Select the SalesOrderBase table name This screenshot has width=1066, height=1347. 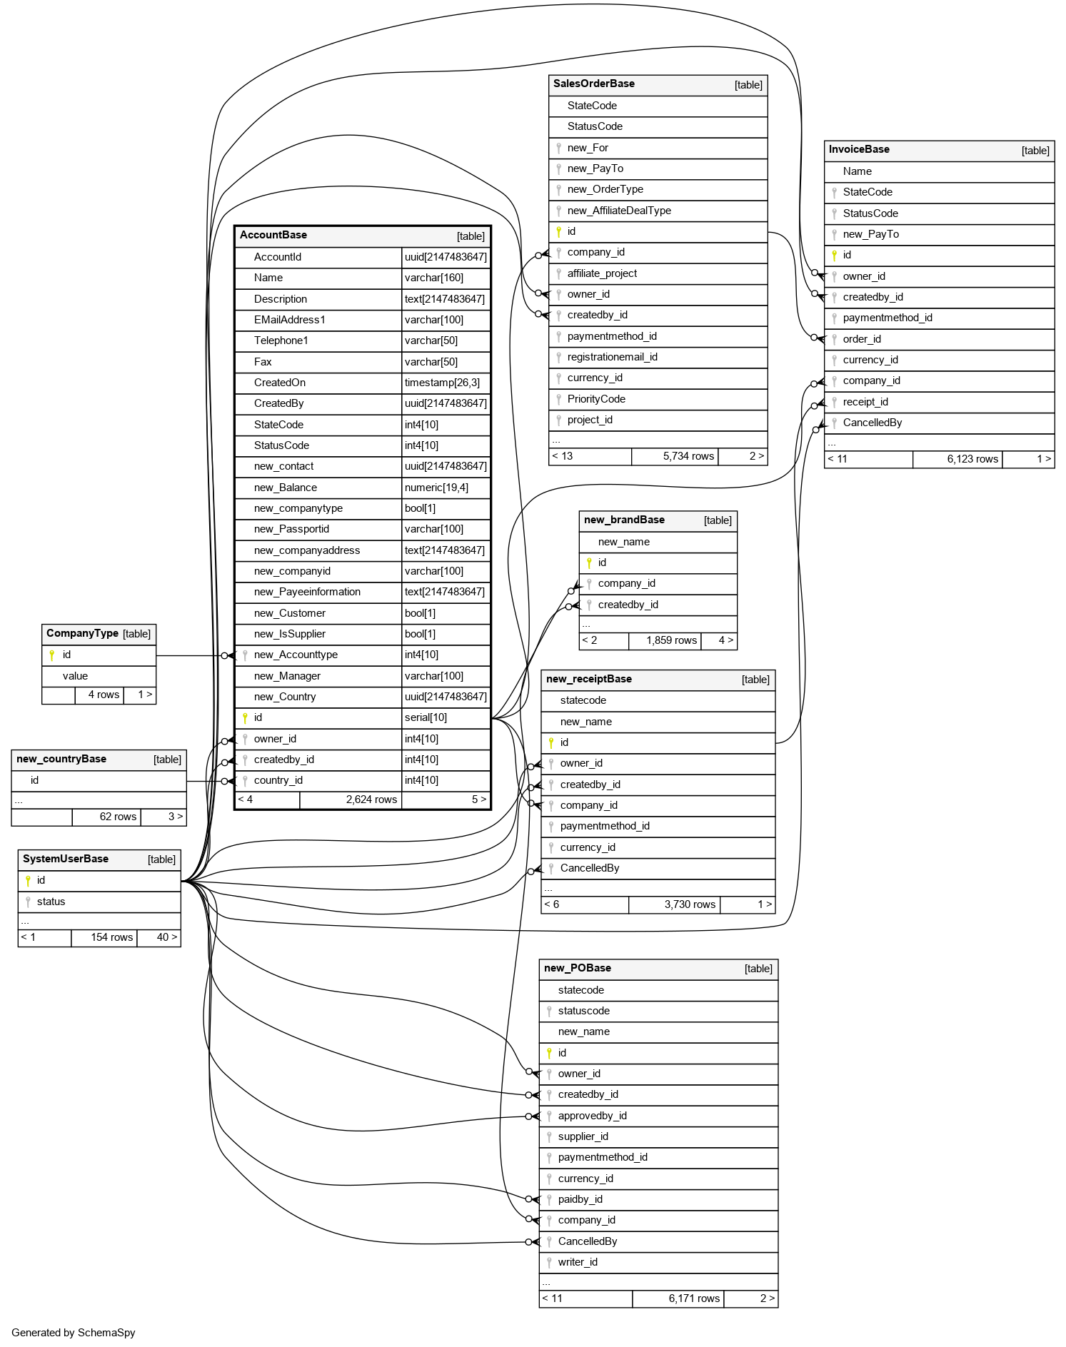click(593, 84)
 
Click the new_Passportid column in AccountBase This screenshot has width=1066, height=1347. click(291, 530)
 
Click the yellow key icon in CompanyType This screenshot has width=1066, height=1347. click(52, 655)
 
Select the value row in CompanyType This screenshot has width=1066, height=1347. click(75, 676)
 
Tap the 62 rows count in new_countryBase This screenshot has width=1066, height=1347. click(118, 817)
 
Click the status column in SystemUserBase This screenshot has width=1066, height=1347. click(51, 902)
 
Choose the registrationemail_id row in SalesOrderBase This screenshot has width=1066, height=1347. click(612, 357)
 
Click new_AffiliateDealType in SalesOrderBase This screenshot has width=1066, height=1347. click(619, 211)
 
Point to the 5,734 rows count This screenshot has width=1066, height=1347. click(688, 457)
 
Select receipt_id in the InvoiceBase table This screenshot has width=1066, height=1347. click(865, 402)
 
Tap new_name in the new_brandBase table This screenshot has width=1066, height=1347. click(623, 542)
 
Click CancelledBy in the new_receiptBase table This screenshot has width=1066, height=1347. click(590, 869)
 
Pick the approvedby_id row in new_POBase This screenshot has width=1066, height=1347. click(592, 1116)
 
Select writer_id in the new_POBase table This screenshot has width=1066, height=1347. click(578, 1263)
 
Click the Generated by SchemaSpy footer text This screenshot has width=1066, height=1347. click(74, 1333)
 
